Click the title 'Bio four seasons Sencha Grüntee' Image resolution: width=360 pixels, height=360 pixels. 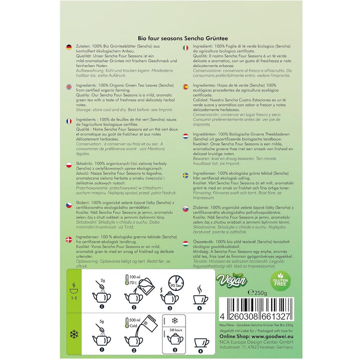(x=180, y=37)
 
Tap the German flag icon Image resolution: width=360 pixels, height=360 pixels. (x=69, y=47)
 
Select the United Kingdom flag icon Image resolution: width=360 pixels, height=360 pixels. (x=69, y=86)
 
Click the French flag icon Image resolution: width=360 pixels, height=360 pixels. (x=69, y=121)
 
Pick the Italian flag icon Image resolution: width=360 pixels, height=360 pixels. (x=185, y=47)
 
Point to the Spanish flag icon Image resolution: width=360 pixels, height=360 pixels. (x=185, y=86)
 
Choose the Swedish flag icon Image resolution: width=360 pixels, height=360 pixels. (x=185, y=174)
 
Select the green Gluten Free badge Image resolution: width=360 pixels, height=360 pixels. (x=280, y=280)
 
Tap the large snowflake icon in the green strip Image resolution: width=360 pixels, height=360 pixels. (x=74, y=332)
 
